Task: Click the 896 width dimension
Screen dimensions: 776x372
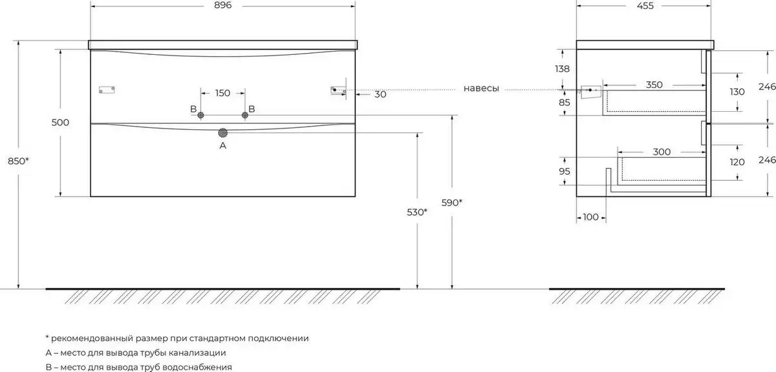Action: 222,5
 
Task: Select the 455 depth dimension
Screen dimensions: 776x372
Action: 645,6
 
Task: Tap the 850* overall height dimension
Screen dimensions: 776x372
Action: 18,161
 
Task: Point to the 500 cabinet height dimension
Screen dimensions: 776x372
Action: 60,122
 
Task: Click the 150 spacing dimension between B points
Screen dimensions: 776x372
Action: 222,93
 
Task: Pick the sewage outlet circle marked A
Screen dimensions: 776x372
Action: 222,133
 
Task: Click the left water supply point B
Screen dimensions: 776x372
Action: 200,115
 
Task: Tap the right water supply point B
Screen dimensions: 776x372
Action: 245,115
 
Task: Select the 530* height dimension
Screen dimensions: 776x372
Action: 417,212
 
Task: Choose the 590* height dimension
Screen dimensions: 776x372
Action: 452,203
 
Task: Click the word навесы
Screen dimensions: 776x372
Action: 481,88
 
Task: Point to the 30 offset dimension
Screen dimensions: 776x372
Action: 380,94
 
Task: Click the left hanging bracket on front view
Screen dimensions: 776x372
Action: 107,90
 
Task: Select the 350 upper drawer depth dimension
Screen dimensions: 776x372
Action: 654,85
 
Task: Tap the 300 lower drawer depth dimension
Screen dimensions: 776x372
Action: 662,152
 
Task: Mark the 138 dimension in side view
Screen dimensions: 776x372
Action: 562,69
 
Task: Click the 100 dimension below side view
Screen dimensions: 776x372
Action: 590,217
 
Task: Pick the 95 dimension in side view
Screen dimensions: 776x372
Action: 565,171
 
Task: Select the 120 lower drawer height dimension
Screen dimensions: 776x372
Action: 737,162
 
